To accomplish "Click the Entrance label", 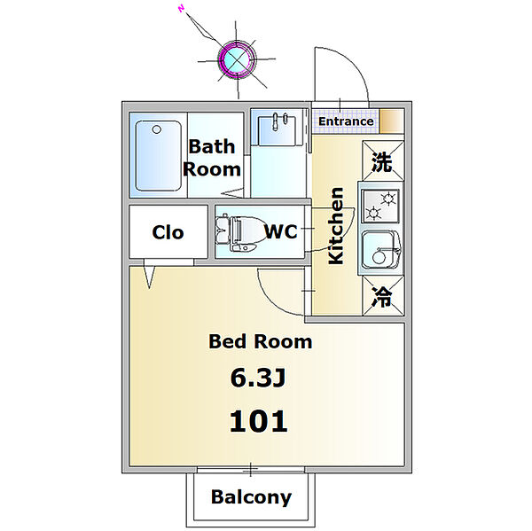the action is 346,121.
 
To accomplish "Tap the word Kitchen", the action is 336,226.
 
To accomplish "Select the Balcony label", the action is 251,497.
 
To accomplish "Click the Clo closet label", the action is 168,232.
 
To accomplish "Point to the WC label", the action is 280,231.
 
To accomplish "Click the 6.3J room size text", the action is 258,378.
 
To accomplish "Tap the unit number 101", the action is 259,421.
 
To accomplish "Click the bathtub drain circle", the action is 157,129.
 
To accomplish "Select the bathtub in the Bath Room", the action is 158,156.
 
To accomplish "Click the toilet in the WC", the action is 240,233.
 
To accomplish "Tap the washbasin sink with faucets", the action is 277,130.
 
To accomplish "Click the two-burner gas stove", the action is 380,206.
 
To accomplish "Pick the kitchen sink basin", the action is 380,249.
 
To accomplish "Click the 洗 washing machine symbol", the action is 383,160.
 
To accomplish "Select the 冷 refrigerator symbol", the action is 383,296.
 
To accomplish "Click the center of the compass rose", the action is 237,59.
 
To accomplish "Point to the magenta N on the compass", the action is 181,9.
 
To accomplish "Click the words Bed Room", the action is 260,341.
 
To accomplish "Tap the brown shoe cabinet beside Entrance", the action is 392,121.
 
